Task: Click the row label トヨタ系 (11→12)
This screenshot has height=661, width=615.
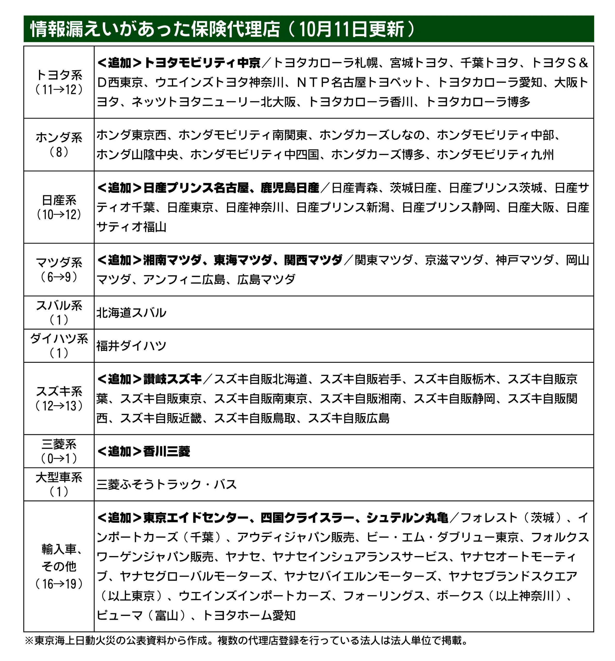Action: pyautogui.click(x=59, y=82)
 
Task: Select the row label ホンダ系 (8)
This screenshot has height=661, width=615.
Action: pyautogui.click(x=59, y=144)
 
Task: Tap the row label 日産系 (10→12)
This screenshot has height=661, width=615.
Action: pyautogui.click(x=59, y=207)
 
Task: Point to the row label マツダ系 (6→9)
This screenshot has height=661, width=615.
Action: pyautogui.click(x=59, y=269)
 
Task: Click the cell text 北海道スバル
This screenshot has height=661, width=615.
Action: pyautogui.click(x=131, y=312)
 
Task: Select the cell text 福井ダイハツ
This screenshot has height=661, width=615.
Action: pyautogui.click(x=131, y=346)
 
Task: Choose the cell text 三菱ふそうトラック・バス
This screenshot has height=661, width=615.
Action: pyautogui.click(x=167, y=484)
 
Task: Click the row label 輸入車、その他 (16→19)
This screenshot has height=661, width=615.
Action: pyautogui.click(x=59, y=566)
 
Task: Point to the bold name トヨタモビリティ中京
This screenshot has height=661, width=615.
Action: pyautogui.click(x=202, y=63)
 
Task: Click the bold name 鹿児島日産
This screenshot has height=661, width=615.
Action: pyautogui.click(x=289, y=188)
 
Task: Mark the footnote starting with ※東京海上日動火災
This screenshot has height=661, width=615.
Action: pyautogui.click(x=246, y=640)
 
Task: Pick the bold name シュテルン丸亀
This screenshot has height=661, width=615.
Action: pyautogui.click(x=407, y=518)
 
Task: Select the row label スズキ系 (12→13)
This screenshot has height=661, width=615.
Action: pyautogui.click(x=59, y=398)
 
